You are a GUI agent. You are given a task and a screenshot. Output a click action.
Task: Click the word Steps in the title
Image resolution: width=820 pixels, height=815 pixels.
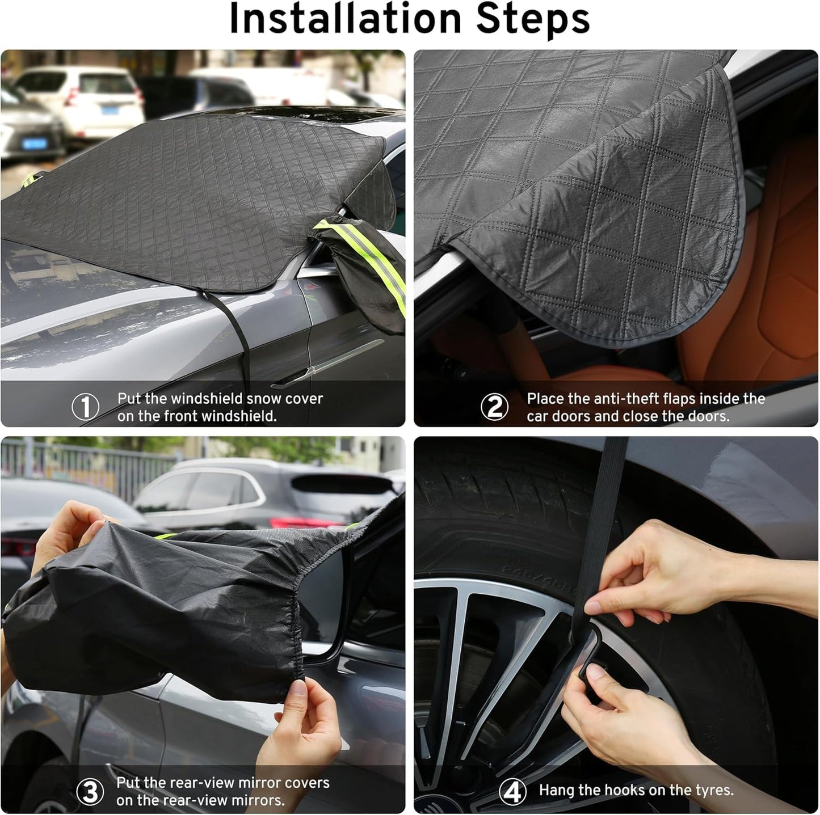pyautogui.click(x=533, y=20)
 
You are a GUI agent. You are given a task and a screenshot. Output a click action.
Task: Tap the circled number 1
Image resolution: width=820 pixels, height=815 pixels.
pyautogui.click(x=85, y=407)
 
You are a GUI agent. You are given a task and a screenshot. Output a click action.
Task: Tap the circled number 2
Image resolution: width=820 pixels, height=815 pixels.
pyautogui.click(x=494, y=407)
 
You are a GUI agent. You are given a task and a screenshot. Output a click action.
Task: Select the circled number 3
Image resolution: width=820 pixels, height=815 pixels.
pyautogui.click(x=90, y=792)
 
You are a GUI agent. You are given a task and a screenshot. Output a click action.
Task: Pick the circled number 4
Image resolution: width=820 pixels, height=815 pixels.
pyautogui.click(x=512, y=792)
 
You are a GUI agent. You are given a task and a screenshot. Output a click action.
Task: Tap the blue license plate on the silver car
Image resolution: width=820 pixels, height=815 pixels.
pyautogui.click(x=35, y=143)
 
